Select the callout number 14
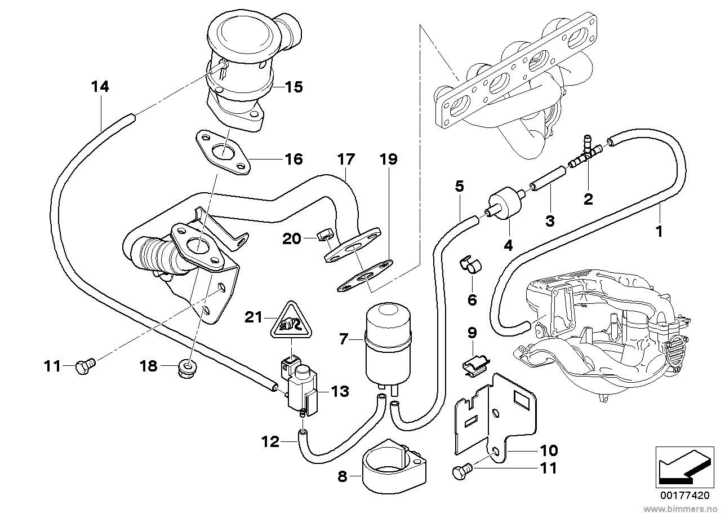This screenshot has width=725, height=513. pos(100,87)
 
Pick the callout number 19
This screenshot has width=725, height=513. pos(388,160)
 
